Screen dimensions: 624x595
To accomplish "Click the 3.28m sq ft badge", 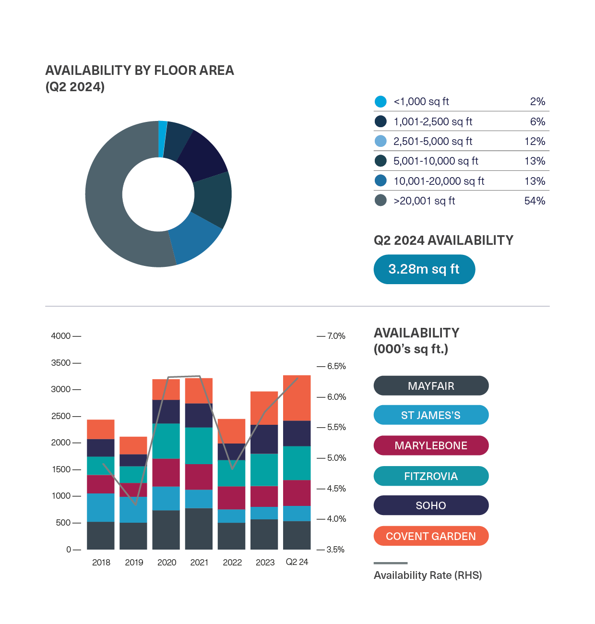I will [x=424, y=269].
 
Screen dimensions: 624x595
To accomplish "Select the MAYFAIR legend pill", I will [x=431, y=386].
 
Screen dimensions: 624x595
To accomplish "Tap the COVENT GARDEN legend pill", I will [x=431, y=536].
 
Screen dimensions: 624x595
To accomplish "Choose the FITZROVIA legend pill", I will [x=431, y=476].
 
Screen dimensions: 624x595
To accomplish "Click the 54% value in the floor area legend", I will [x=535, y=201].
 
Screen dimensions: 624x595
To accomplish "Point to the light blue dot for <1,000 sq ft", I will [x=381, y=102].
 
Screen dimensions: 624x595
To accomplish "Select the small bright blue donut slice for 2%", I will [x=162, y=139].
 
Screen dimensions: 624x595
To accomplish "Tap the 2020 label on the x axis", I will [x=167, y=563].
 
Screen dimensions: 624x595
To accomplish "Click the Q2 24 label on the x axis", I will [x=297, y=562].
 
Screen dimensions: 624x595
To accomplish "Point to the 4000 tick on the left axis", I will [x=61, y=336].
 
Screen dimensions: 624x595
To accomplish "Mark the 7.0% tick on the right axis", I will [x=336, y=336].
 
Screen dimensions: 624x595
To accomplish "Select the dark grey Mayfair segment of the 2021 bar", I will [x=199, y=528].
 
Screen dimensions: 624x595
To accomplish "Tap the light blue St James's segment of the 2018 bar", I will [x=101, y=507].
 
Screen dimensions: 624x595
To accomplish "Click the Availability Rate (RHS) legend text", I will [x=428, y=576].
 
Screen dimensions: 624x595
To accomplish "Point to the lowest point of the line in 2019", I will [x=136, y=504].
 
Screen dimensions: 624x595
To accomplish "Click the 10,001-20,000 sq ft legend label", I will [x=439, y=181].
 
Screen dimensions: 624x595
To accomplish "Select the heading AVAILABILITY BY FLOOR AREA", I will [x=140, y=71].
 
